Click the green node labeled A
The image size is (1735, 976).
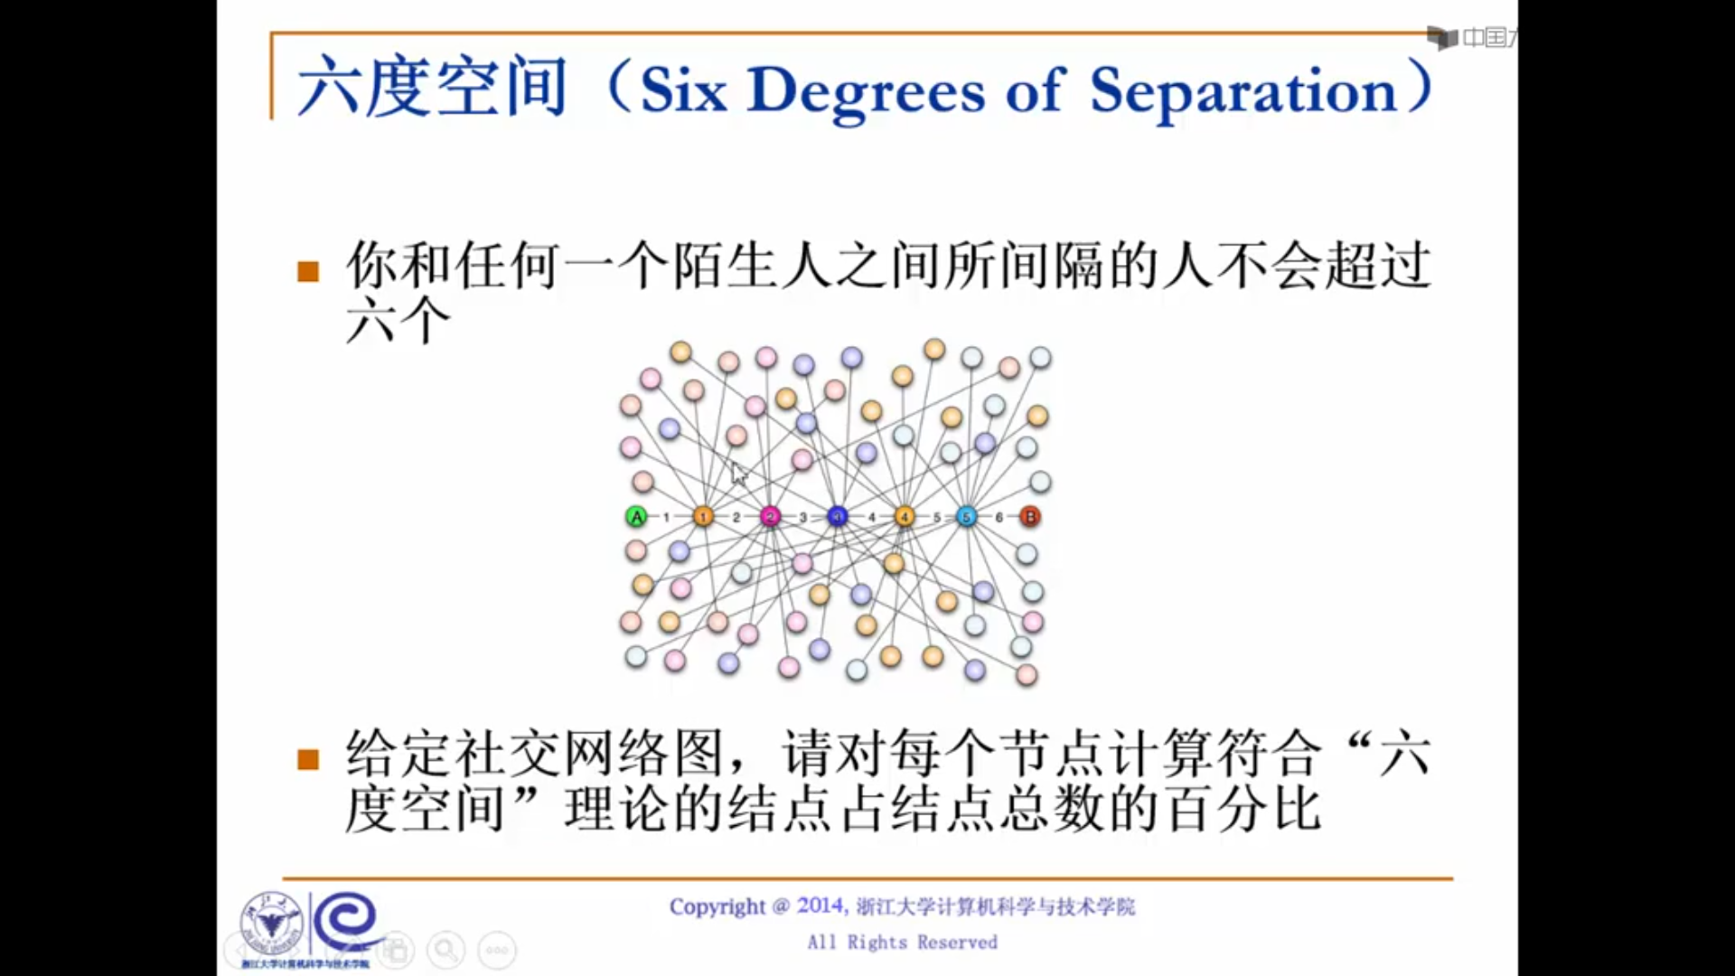pyautogui.click(x=636, y=517)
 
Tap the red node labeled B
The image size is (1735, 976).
pyautogui.click(x=1029, y=517)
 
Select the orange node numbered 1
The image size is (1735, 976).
pyautogui.click(x=703, y=517)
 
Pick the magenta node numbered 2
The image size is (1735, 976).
pyautogui.click(x=770, y=517)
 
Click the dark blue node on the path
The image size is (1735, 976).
pyautogui.click(x=838, y=517)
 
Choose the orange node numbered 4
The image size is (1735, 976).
pyautogui.click(x=905, y=517)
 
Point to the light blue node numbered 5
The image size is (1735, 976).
pyautogui.click(x=966, y=517)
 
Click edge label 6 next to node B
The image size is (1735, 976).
pyautogui.click(x=999, y=518)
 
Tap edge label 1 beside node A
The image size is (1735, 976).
pyautogui.click(x=667, y=518)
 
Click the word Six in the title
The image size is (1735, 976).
pyautogui.click(x=683, y=90)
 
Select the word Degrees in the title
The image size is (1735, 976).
pyautogui.click(x=866, y=92)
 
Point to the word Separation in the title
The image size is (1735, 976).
pyautogui.click(x=1243, y=92)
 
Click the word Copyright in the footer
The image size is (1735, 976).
pyautogui.click(x=717, y=906)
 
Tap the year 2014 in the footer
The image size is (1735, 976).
pyautogui.click(x=821, y=906)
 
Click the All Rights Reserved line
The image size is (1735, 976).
pyautogui.click(x=902, y=943)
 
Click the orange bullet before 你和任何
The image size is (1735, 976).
pyautogui.click(x=308, y=271)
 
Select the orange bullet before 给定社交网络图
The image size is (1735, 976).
pyautogui.click(x=308, y=759)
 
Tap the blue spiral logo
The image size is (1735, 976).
pyautogui.click(x=346, y=922)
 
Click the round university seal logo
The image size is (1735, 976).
pyautogui.click(x=270, y=924)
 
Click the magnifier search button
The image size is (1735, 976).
pyautogui.click(x=445, y=950)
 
